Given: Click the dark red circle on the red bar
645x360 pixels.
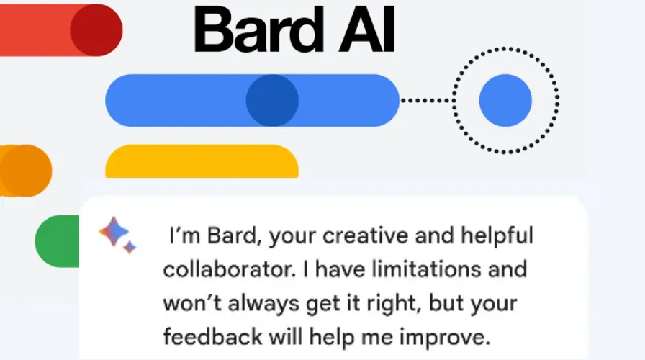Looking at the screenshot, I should click(96, 30).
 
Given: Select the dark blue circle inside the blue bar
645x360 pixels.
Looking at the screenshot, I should click(272, 100).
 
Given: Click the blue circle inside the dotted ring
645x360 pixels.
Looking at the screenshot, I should click(505, 100).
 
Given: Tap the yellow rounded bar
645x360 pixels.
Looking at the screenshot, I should click(202, 161).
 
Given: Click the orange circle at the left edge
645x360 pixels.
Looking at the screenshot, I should click(26, 171).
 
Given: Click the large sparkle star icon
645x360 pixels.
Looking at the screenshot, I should click(114, 231).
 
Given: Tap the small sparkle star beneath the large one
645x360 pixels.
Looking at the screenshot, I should click(130, 248).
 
